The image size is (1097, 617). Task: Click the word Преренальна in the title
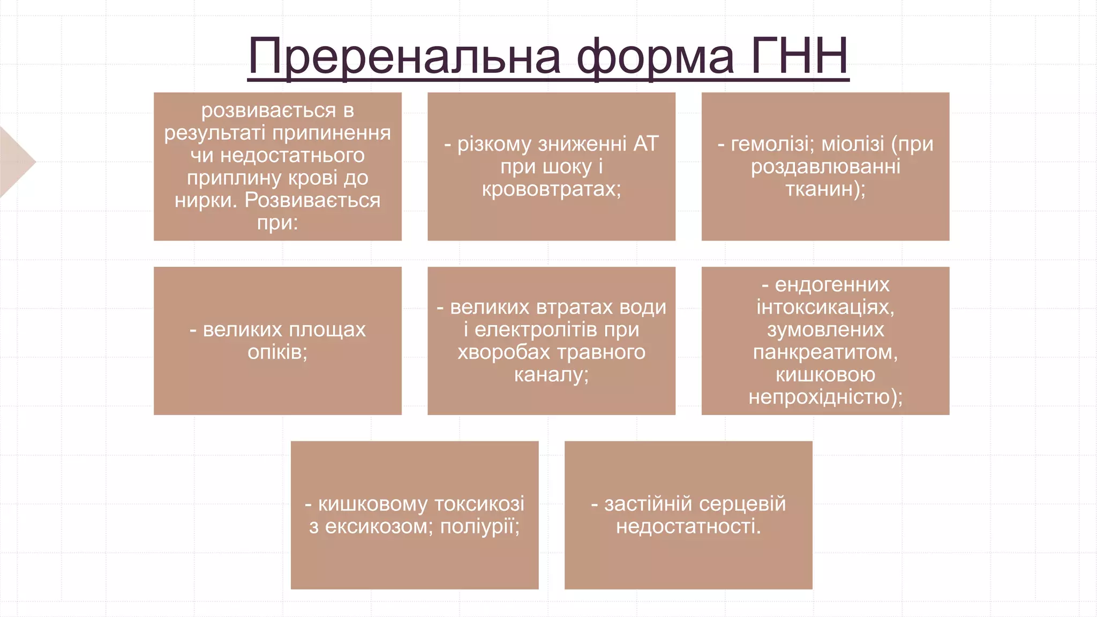[x=404, y=57]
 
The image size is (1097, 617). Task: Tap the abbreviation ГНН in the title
[x=799, y=56]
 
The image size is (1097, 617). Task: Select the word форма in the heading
[x=655, y=57]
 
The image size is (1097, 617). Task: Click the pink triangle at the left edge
[x=16, y=162]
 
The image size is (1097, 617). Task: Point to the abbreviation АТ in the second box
[x=645, y=144]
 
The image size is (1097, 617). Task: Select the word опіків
[x=277, y=352]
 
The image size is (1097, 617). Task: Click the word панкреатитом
[x=825, y=352]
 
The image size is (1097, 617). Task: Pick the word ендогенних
[x=832, y=284]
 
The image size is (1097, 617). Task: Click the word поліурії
[x=479, y=526]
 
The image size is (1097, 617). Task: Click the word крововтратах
[x=551, y=189]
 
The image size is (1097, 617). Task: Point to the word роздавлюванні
[x=825, y=167]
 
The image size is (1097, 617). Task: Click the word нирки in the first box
[x=205, y=200]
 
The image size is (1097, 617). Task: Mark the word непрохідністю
[x=825, y=397]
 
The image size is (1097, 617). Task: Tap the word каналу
[x=551, y=374]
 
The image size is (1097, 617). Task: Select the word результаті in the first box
[x=214, y=133]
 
